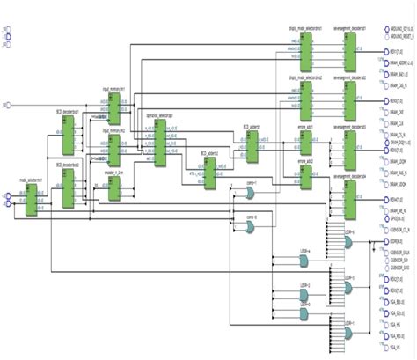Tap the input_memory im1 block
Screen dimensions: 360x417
click(x=113, y=109)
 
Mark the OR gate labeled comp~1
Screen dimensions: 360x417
click(x=252, y=198)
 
